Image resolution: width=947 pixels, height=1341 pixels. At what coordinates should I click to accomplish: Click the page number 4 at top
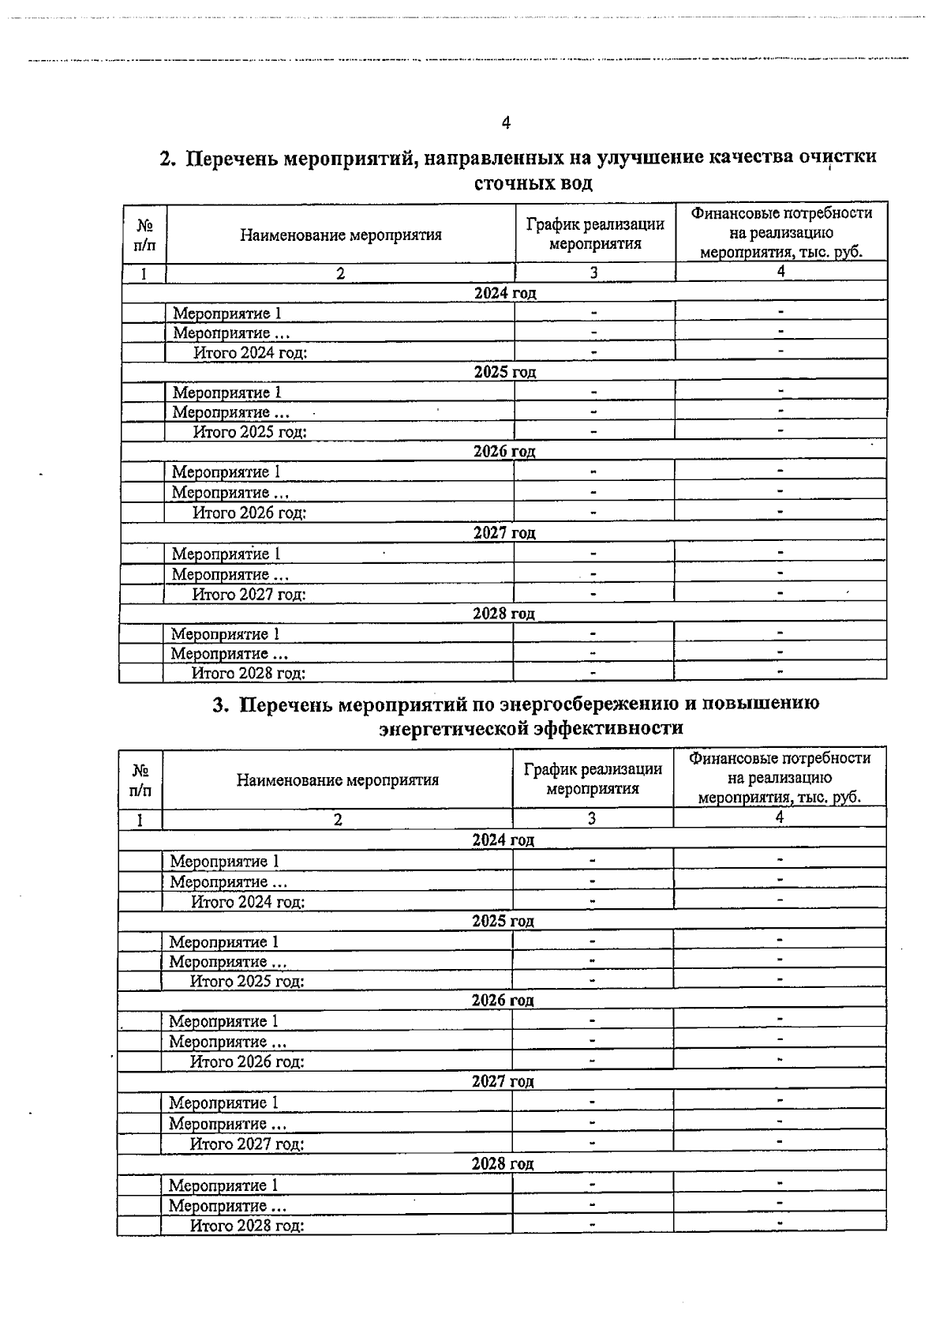506,122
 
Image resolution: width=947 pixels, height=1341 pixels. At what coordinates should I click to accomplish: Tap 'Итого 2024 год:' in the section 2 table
250,353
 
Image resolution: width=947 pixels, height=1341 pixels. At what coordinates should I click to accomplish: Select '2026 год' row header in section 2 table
504,452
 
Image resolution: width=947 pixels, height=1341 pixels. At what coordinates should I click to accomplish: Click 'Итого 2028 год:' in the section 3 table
247,1226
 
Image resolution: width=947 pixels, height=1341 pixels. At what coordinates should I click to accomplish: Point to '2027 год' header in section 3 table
503,1082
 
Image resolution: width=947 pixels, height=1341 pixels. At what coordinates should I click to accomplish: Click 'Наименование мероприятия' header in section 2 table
341,235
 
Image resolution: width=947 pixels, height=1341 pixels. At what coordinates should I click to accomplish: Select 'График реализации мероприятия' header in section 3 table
593,779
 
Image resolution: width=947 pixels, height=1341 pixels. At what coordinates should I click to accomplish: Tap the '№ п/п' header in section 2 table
145,235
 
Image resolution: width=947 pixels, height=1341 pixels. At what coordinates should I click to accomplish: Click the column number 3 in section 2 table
593,272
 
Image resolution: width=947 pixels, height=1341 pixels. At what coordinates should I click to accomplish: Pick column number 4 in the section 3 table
779,818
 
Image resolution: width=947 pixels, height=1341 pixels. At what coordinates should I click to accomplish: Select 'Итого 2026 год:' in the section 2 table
249,513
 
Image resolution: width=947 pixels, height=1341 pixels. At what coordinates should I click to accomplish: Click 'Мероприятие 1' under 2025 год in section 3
223,941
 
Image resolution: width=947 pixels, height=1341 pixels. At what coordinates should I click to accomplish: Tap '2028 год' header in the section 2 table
503,614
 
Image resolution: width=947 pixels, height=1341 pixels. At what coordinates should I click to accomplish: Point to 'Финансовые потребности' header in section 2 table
781,213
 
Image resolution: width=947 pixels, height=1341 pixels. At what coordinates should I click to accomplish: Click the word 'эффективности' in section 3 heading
608,727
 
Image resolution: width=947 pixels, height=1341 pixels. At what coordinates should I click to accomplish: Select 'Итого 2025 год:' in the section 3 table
247,982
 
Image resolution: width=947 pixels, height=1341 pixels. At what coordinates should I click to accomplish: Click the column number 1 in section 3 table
140,820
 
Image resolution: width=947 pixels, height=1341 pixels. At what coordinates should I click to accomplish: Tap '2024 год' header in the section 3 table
503,840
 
